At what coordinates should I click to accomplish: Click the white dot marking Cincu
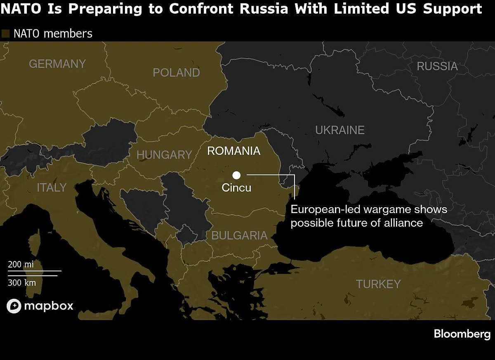(x=236, y=175)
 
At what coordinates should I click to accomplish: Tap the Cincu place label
(x=236, y=188)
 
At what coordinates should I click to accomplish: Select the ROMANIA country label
(x=234, y=151)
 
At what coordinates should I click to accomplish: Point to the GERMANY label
(x=57, y=64)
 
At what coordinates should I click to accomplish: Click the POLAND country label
(x=176, y=73)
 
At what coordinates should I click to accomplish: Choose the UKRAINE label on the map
(x=340, y=130)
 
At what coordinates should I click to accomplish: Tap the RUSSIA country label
(x=437, y=66)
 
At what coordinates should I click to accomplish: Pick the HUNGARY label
(x=164, y=155)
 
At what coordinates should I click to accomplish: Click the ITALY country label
(x=52, y=187)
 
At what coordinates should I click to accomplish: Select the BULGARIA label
(x=239, y=236)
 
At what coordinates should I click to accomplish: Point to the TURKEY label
(x=378, y=284)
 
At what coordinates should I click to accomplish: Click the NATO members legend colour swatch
(x=6, y=34)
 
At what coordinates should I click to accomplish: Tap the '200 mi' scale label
(x=21, y=265)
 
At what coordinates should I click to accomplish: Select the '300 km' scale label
(x=22, y=283)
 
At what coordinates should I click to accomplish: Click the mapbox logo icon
(x=14, y=306)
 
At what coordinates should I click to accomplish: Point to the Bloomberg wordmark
(x=462, y=334)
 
